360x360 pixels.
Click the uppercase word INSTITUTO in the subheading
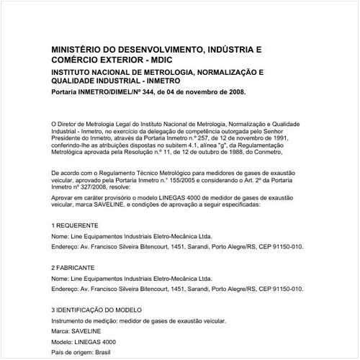pyautogui.click(x=76, y=73)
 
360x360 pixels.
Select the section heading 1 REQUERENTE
pyautogui.click(x=79, y=225)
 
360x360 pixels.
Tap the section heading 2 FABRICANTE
pyautogui.click(x=77, y=267)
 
